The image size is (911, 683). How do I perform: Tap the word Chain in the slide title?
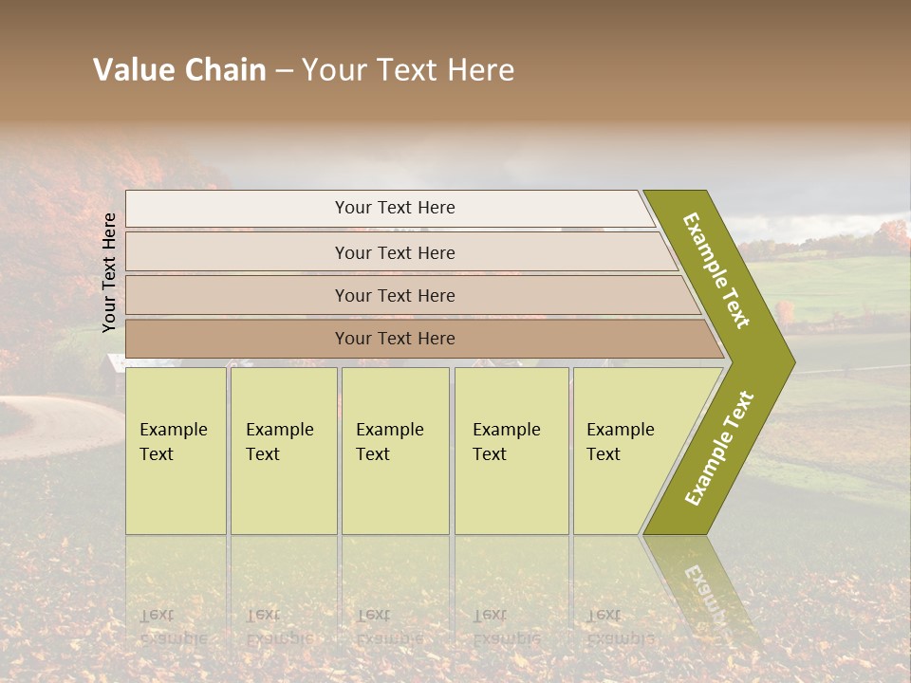[x=225, y=70]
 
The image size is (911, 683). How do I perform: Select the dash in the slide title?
[x=284, y=71]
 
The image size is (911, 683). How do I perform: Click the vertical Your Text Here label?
[x=110, y=272]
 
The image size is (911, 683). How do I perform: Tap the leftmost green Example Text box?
[x=176, y=451]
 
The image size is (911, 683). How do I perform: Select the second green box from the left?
[x=283, y=451]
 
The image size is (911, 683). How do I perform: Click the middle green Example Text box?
[x=395, y=451]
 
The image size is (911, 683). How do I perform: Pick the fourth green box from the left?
[x=511, y=451]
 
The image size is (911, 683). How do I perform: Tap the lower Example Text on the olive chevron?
[x=719, y=449]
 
